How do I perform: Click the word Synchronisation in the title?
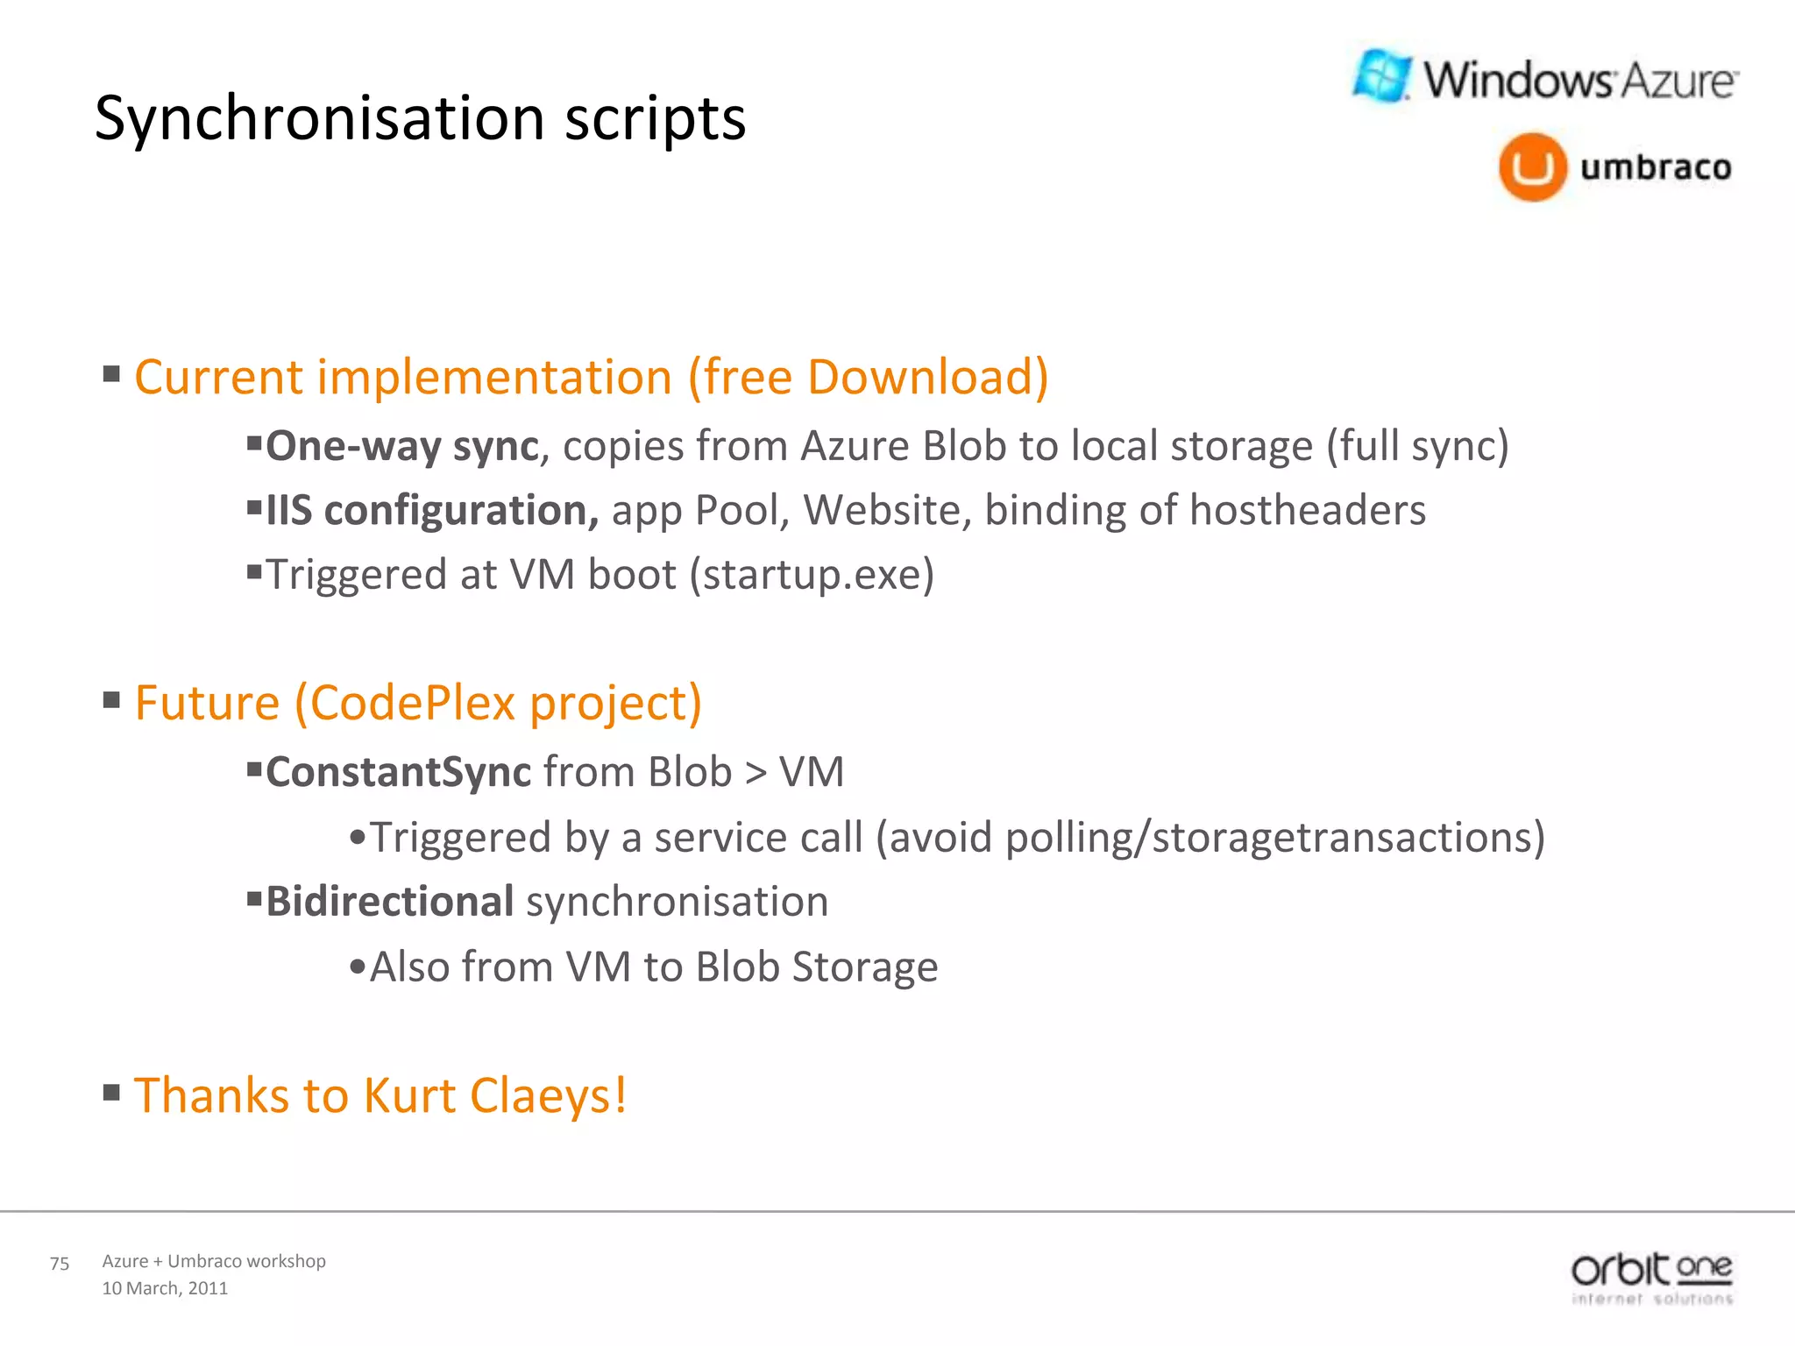319,118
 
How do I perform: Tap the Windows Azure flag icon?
1382,76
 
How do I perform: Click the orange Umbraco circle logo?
1532,166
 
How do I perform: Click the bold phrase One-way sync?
401,446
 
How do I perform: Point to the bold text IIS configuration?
432,510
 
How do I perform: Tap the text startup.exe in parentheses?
812,576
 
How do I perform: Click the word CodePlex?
412,704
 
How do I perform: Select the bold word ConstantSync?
398,773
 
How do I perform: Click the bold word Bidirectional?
389,902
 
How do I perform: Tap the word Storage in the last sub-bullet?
864,967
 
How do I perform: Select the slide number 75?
60,1264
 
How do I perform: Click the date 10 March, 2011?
165,1288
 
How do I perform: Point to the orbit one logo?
1651,1278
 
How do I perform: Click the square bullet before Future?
111,701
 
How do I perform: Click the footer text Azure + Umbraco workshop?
214,1261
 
